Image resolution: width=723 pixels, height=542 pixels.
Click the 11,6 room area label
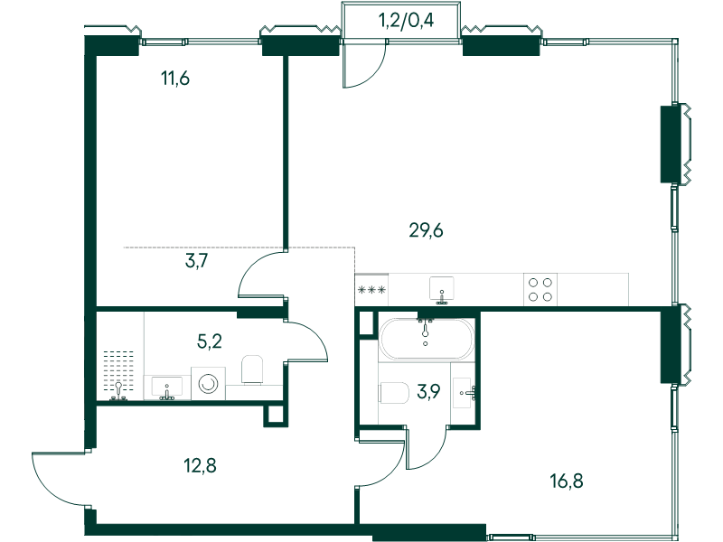pos(175,78)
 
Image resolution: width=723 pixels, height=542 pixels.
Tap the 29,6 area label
pos(426,230)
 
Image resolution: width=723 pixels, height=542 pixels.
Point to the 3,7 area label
pos(197,262)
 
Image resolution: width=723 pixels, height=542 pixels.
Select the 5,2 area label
pos(210,341)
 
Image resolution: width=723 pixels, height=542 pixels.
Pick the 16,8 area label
pos(567,481)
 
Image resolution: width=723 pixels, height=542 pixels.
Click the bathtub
pos(425,338)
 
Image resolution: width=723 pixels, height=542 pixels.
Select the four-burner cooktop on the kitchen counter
pos(540,289)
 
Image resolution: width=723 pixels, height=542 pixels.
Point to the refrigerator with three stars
pos(371,290)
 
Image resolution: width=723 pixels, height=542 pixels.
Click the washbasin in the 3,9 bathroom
pos(462,393)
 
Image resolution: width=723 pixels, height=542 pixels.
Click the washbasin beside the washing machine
pos(166,388)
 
